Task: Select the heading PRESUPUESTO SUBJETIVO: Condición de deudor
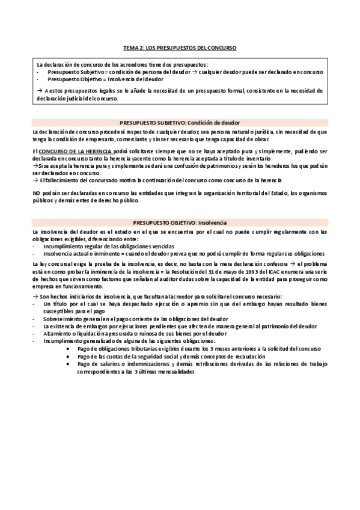180,123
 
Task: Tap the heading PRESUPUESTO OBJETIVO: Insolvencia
180,223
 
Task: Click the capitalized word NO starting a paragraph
36,192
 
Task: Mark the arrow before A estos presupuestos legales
39,90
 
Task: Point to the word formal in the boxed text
234,90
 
